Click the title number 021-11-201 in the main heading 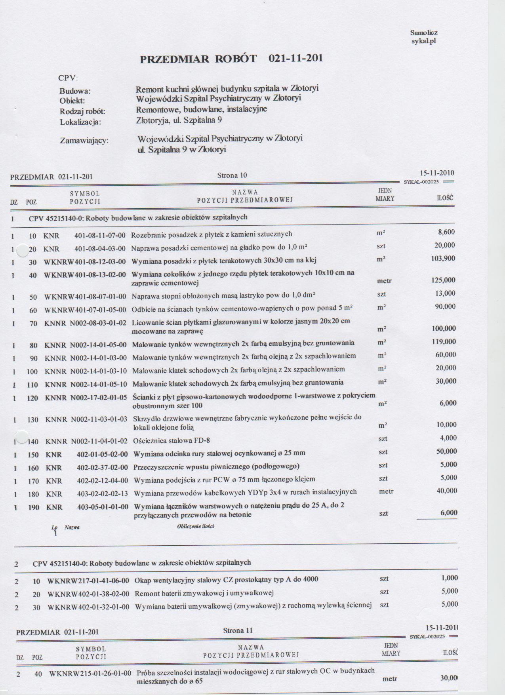[295, 58]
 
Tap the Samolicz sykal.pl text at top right [424, 37]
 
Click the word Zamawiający [84, 140]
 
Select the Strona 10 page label [232, 175]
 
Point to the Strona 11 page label [238, 630]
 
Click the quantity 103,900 [443, 259]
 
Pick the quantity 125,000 [443, 280]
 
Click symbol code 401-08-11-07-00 [100, 236]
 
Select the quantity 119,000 [444, 342]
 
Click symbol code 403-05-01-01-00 [103, 507]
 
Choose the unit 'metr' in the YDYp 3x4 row [386, 491]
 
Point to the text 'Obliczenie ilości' [196, 526]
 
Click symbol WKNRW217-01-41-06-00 [88, 581]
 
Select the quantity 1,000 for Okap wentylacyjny [450, 578]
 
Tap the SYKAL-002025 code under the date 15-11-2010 [421, 182]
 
